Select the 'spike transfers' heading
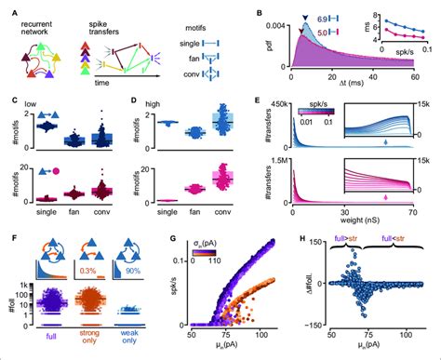pyautogui.click(x=99, y=23)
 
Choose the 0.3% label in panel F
pyautogui.click(x=88, y=270)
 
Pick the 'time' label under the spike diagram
pyautogui.click(x=95, y=82)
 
